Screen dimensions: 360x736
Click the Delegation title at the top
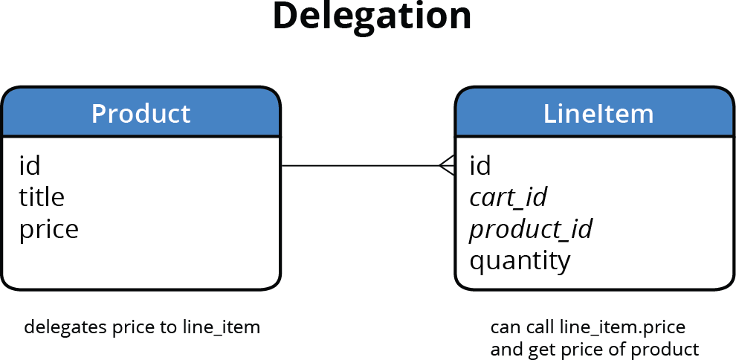[x=372, y=16]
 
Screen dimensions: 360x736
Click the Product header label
[x=141, y=114]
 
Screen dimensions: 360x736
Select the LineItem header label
[x=598, y=114]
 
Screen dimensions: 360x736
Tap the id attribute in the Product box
[x=29, y=165]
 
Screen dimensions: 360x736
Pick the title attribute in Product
[x=41, y=197]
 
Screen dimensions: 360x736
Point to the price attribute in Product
[x=48, y=229]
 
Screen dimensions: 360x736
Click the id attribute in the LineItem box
[x=480, y=165]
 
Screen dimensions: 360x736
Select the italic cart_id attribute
[x=508, y=197]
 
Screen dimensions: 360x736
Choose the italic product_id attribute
[x=530, y=229]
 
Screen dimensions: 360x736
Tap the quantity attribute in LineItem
[x=520, y=261]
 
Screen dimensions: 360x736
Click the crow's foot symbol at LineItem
[x=447, y=165]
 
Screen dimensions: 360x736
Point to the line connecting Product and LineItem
[x=357, y=165]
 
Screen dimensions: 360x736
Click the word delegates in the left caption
[x=57, y=327]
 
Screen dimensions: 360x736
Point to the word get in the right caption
[x=541, y=349]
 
